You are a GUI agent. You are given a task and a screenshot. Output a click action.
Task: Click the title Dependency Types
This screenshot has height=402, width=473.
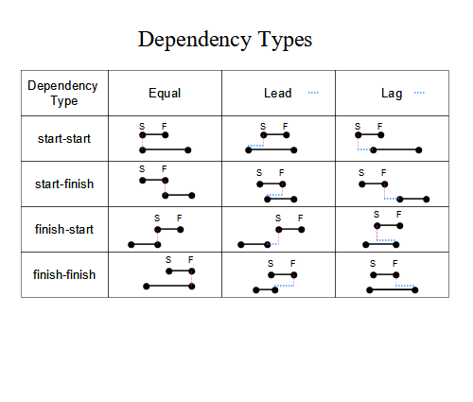[225, 40]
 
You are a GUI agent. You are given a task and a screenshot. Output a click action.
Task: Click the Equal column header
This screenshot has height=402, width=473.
[165, 94]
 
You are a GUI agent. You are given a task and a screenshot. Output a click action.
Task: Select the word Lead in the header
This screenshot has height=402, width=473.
[278, 93]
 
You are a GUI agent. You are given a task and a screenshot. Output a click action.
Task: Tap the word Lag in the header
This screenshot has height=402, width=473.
[392, 94]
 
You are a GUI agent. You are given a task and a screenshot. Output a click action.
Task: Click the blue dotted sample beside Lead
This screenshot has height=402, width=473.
[313, 93]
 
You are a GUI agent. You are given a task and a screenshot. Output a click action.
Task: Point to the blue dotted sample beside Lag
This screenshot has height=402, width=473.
[419, 93]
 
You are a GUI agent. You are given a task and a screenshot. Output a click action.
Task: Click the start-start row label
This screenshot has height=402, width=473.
[64, 139]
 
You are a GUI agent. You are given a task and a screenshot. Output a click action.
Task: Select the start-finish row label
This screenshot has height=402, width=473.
[64, 184]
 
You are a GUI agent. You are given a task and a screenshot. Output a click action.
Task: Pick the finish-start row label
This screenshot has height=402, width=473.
[64, 229]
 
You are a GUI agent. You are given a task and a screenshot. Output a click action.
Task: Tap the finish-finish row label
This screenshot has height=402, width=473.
[64, 274]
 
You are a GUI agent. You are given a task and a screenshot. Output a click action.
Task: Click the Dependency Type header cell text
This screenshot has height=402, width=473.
[62, 94]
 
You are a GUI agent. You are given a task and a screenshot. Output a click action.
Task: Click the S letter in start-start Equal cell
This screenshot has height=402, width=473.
[142, 127]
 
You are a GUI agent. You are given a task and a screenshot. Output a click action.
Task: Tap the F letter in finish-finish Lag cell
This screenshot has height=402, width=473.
[395, 263]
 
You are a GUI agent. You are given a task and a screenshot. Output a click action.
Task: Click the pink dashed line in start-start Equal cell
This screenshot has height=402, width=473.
[142, 143]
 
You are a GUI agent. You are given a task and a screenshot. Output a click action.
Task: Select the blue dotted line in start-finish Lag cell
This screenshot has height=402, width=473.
[392, 199]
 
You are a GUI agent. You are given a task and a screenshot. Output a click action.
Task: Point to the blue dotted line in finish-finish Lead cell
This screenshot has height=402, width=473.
[284, 286]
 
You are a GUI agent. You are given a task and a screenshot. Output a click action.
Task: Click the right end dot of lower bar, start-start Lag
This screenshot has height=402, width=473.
[419, 150]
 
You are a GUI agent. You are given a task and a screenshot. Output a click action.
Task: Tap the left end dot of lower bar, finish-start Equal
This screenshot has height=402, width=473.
[131, 245]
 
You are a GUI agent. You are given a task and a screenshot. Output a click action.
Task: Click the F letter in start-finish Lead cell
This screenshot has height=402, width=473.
[282, 172]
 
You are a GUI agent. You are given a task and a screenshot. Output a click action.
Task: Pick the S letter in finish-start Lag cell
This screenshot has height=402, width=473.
[377, 215]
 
